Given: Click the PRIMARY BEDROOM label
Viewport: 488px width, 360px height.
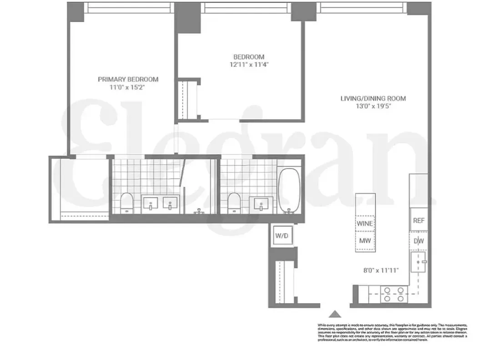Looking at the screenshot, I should (128, 79).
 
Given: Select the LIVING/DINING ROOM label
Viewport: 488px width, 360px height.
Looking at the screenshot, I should (373, 98).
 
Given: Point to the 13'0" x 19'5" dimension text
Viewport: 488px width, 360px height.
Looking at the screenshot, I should (373, 106).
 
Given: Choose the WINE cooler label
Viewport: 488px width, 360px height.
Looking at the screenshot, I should (365, 223).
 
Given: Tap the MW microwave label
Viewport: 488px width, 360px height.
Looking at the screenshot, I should (365, 240).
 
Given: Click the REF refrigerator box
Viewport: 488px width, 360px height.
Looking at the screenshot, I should (418, 221).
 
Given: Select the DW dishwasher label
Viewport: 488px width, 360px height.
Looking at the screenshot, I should (418, 241).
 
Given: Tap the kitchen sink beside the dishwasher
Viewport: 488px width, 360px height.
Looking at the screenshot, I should (418, 262).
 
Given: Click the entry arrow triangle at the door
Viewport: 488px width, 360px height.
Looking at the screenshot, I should (335, 314).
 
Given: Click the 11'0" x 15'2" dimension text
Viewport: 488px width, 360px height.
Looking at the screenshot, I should (128, 87).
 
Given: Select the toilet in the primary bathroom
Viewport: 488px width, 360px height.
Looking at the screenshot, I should (126, 202).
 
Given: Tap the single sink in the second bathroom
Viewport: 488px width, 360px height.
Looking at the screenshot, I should (261, 203).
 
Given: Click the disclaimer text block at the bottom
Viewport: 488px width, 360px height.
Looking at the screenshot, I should (392, 332).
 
